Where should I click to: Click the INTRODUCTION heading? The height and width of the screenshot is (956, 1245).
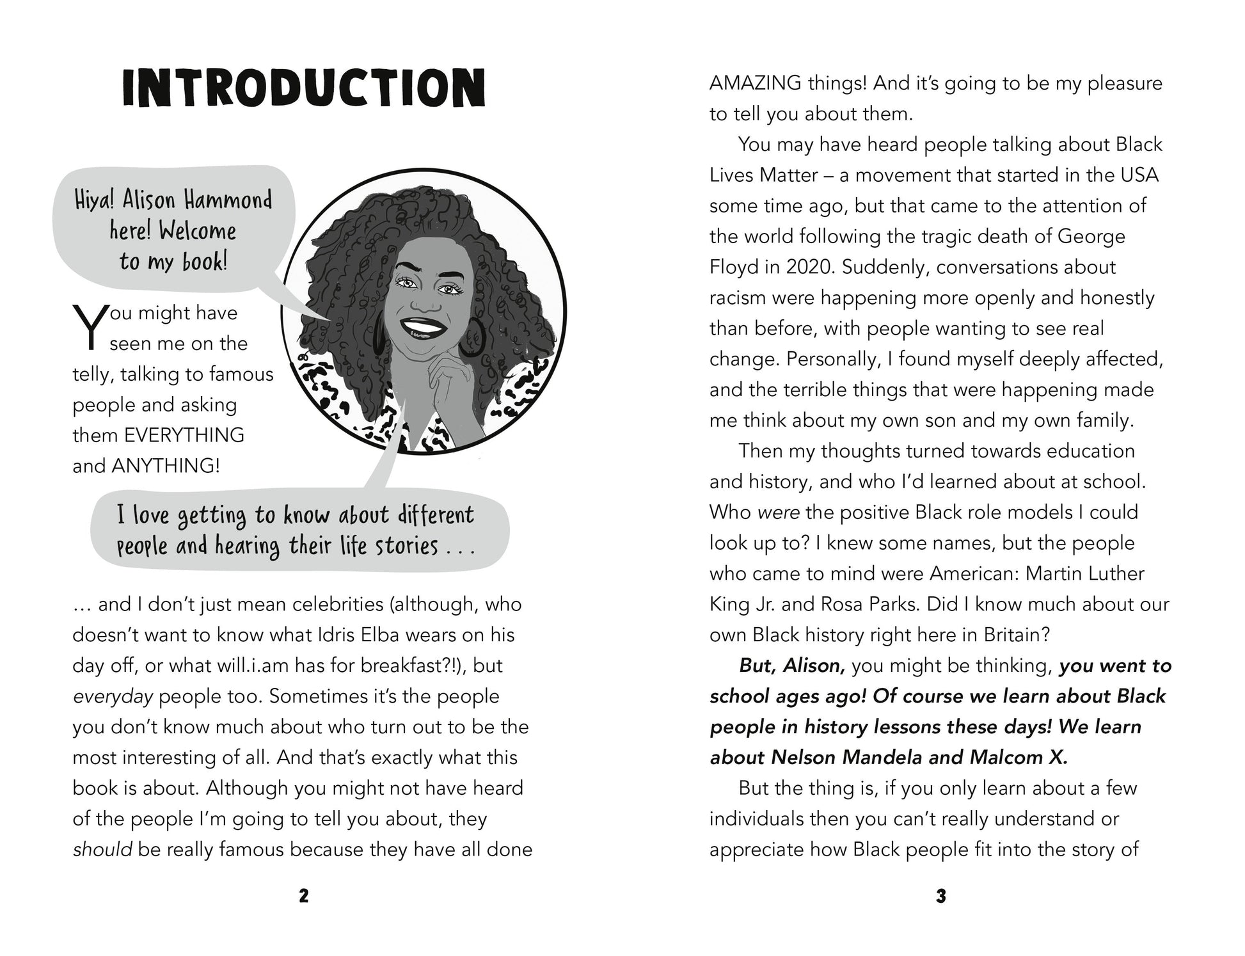303,88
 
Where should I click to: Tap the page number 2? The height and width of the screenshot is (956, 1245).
303,896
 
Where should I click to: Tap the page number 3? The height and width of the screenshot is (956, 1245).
940,896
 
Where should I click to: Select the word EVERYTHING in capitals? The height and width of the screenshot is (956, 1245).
184,435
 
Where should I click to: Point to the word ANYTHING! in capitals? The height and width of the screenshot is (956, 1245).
165,466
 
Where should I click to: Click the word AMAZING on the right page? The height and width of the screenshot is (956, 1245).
756,83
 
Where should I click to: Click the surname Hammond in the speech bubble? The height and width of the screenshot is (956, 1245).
228,200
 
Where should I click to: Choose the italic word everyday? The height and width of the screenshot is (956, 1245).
113,696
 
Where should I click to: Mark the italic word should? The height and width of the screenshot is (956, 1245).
102,850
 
